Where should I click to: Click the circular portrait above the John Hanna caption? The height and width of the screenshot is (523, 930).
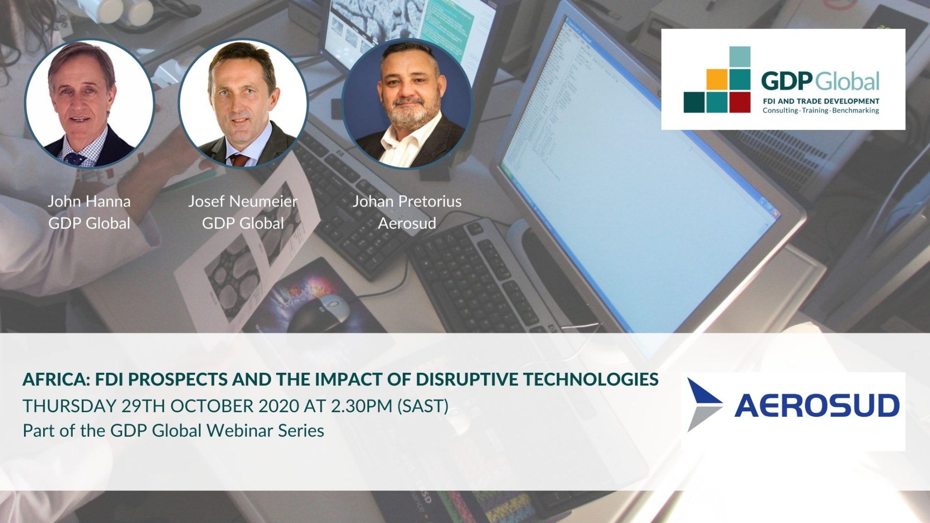pos(89,104)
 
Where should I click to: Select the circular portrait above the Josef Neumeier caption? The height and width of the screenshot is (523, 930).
pos(243,104)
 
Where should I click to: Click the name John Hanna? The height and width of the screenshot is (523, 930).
pos(89,201)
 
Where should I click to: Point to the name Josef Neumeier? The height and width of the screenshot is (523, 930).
pos(243,201)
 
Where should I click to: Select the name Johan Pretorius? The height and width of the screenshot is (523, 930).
pos(407,201)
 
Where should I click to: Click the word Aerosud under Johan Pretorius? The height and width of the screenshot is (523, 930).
pos(407,223)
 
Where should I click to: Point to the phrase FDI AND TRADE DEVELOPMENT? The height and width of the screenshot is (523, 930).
pos(821,101)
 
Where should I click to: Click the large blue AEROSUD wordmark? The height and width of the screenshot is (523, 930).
pos(816,405)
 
